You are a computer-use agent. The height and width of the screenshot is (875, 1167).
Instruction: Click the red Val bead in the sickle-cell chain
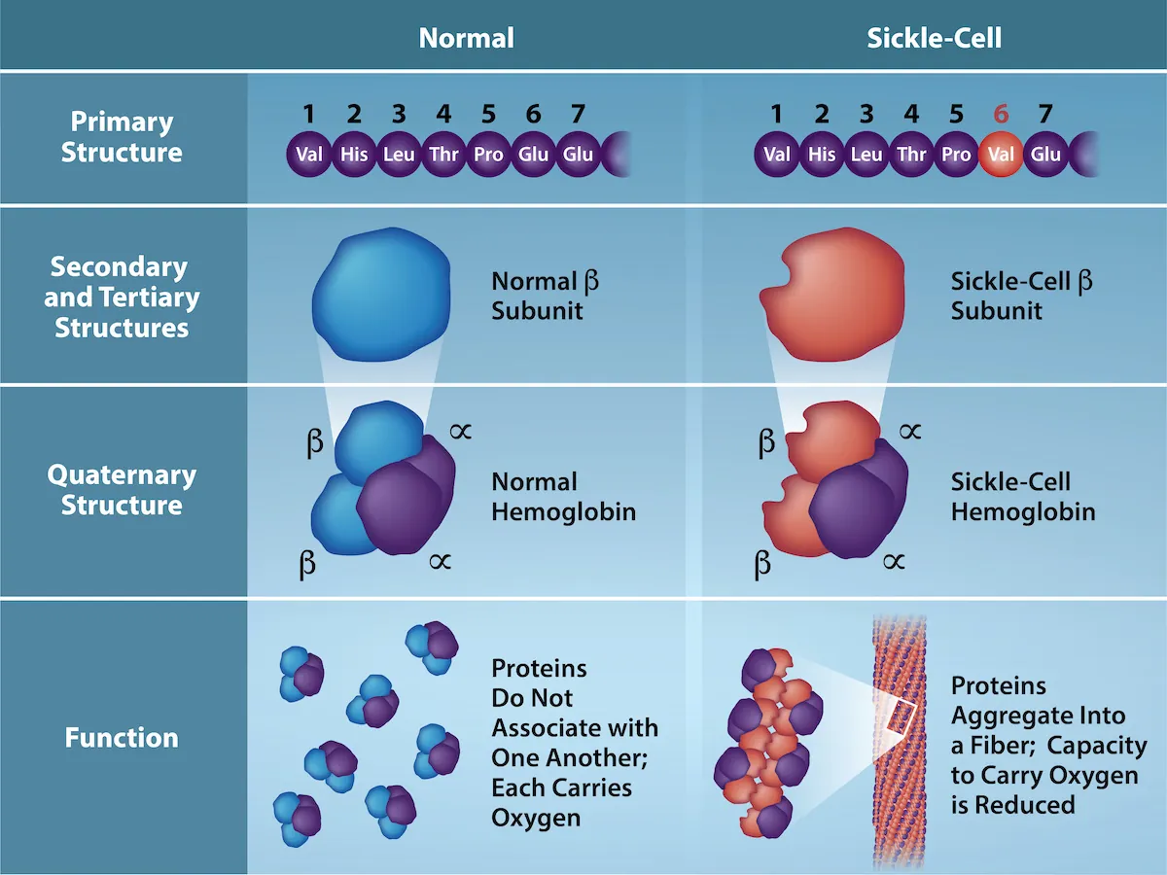[x=1000, y=155]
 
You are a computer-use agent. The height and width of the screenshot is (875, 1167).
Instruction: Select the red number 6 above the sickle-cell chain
[x=1001, y=114]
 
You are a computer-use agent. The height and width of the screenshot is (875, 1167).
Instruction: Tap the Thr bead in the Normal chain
[x=443, y=155]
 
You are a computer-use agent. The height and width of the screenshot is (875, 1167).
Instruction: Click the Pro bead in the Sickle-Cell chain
[x=956, y=155]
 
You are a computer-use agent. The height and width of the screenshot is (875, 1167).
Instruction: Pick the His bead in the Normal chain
[x=354, y=155]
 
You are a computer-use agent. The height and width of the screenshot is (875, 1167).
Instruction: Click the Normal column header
[x=466, y=38]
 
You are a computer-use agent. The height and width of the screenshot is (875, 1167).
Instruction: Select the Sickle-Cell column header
[x=934, y=38]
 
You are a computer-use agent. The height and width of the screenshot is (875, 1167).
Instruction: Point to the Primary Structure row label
[x=122, y=137]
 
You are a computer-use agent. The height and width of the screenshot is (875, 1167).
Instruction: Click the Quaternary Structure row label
[x=122, y=490]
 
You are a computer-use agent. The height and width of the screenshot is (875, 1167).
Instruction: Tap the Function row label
[x=122, y=738]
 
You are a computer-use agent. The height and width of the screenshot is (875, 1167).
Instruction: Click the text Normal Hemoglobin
[x=563, y=497]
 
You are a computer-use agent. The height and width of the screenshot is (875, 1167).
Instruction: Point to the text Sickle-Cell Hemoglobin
[x=1023, y=497]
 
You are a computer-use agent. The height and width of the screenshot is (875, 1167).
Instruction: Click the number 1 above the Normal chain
[x=308, y=114]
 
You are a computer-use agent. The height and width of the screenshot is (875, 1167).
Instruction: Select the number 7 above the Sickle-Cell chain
[x=1045, y=114]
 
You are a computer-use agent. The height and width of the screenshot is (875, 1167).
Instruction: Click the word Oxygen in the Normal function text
[x=536, y=818]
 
